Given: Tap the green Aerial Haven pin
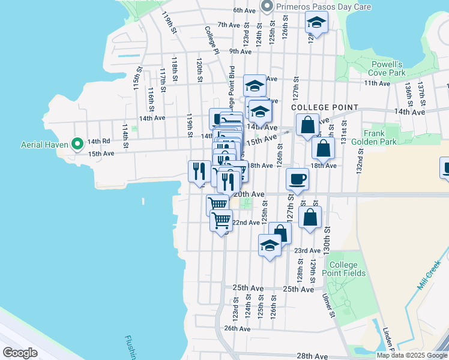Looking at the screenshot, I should click(x=77, y=144).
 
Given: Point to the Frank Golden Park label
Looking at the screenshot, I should click(x=380, y=137).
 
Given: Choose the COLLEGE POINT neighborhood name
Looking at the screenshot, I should click(x=324, y=107).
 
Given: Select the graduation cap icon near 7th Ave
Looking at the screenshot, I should click(x=316, y=23).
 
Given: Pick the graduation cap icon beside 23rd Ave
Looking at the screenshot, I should click(x=270, y=245).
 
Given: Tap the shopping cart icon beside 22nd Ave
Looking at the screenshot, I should click(x=221, y=221).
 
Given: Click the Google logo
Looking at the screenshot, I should click(x=20, y=353).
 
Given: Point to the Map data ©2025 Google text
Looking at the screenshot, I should click(x=412, y=355).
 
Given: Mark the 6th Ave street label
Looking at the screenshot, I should click(x=245, y=10).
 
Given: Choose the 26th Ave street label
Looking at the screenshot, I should click(x=237, y=328).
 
